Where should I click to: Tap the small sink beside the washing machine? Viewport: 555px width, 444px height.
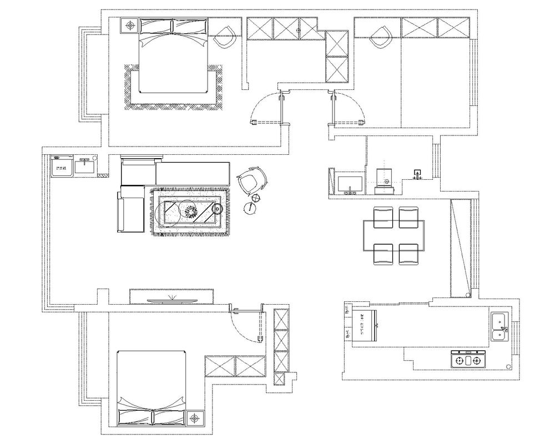(85, 165)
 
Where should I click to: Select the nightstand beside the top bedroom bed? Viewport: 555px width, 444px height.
(130, 26)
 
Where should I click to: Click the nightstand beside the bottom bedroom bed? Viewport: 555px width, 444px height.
(195, 418)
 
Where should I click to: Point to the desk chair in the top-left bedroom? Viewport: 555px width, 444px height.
(224, 37)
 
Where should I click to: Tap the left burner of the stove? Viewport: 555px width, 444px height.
(460, 361)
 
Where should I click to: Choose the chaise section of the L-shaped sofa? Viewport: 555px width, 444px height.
(129, 211)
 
